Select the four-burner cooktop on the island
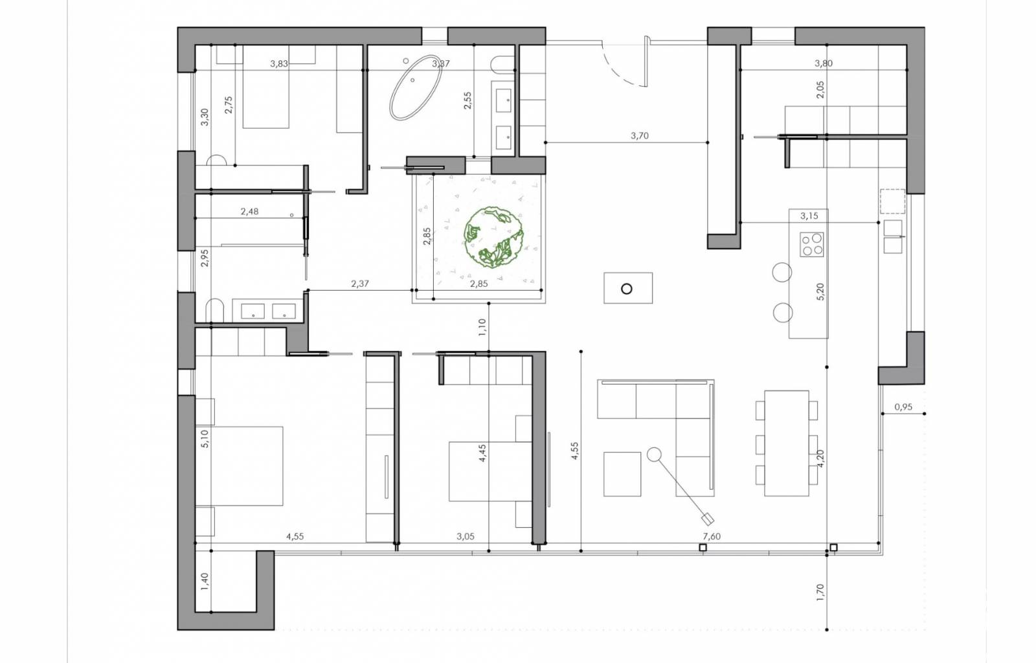pyautogui.click(x=812, y=244)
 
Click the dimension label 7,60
pyautogui.click(x=712, y=536)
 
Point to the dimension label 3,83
pyautogui.click(x=279, y=64)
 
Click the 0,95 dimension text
pyautogui.click(x=903, y=407)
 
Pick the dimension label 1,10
pyautogui.click(x=482, y=328)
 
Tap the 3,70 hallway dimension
pyautogui.click(x=640, y=136)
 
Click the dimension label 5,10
pyautogui.click(x=205, y=438)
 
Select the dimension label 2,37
pyautogui.click(x=360, y=284)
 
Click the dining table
pyautogui.click(x=786, y=444)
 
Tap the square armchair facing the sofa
pyautogui.click(x=622, y=474)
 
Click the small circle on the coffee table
pyautogui.click(x=627, y=289)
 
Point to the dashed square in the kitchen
pyautogui.click(x=892, y=201)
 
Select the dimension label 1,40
pyautogui.click(x=205, y=581)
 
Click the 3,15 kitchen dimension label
pyautogui.click(x=809, y=216)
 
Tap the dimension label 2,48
pyautogui.click(x=249, y=212)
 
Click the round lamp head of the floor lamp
pyautogui.click(x=653, y=455)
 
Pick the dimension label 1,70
pyautogui.click(x=820, y=592)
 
